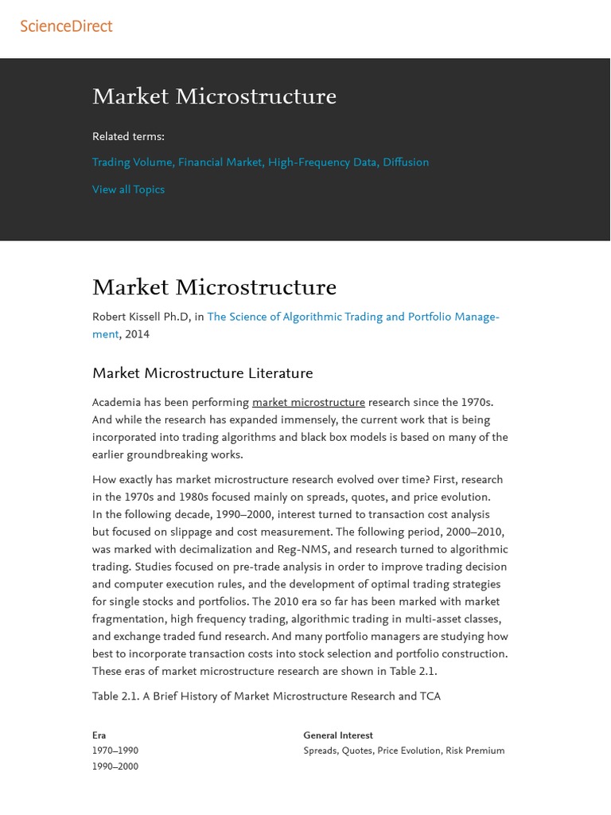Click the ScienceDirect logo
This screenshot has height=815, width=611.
pyautogui.click(x=67, y=26)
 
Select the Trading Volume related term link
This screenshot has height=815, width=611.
pyautogui.click(x=132, y=162)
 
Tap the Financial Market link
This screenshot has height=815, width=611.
pyautogui.click(x=220, y=162)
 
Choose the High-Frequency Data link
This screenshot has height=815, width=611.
pyautogui.click(x=322, y=162)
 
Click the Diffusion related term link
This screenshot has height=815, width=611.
pyautogui.click(x=406, y=162)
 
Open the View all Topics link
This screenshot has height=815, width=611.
pyautogui.click(x=128, y=189)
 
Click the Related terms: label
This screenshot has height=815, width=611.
pyautogui.click(x=128, y=137)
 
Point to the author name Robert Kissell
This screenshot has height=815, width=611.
pyautogui.click(x=141, y=317)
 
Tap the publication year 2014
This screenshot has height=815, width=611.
pyautogui.click(x=137, y=334)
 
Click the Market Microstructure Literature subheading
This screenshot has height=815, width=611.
pyautogui.click(x=202, y=373)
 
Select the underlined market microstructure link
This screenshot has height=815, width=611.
pyautogui.click(x=309, y=403)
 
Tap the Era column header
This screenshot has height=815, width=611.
pyautogui.click(x=99, y=735)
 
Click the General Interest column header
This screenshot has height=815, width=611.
pyautogui.click(x=338, y=735)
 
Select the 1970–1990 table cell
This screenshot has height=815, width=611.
pyautogui.click(x=115, y=751)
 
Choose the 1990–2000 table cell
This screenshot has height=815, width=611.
pyautogui.click(x=115, y=767)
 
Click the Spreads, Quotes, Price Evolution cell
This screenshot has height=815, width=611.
pyautogui.click(x=403, y=751)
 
